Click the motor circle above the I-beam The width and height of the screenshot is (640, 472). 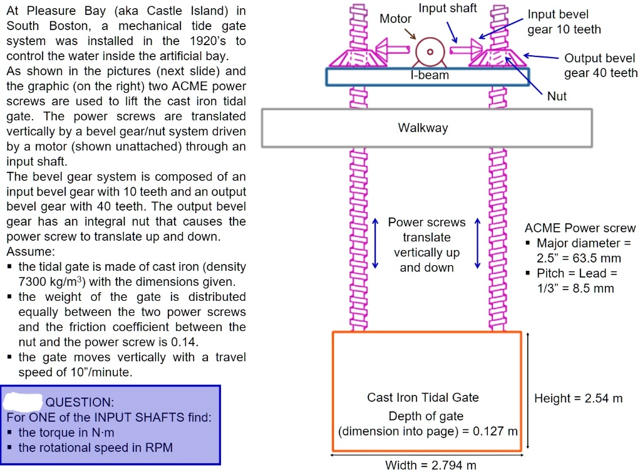point(430,51)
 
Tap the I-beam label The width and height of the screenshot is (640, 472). point(430,75)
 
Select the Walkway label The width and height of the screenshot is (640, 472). point(423,128)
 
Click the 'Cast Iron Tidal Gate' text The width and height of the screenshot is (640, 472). point(423,397)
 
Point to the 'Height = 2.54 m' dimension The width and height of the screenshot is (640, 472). point(578,398)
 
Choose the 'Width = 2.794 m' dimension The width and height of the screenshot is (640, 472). point(431,465)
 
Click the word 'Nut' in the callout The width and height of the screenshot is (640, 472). point(557,96)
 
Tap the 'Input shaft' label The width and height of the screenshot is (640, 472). point(448,8)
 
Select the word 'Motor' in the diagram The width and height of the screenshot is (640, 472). point(396,19)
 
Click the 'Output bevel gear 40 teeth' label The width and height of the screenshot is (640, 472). point(600,66)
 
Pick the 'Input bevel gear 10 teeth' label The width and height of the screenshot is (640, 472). point(564,22)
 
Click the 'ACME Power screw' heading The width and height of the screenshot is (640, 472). point(580,228)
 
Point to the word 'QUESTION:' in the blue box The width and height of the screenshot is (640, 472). point(80,402)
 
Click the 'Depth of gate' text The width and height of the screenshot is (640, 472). point(426,416)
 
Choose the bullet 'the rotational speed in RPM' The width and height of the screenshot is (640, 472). point(95,448)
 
